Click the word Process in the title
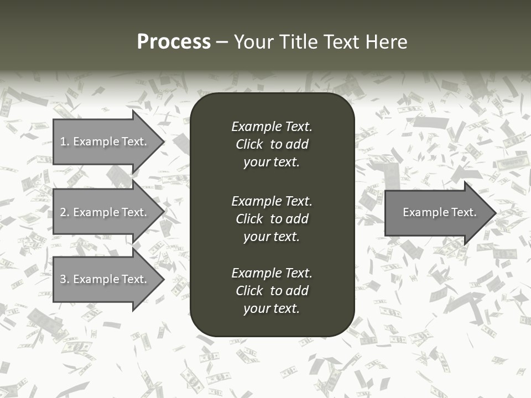click(174, 42)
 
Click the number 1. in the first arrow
click(65, 142)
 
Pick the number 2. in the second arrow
click(65, 212)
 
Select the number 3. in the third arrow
click(65, 279)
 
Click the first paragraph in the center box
click(272, 144)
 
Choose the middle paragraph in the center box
click(272, 219)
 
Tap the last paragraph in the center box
click(272, 291)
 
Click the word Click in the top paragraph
click(249, 144)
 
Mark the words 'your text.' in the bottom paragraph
click(272, 308)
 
